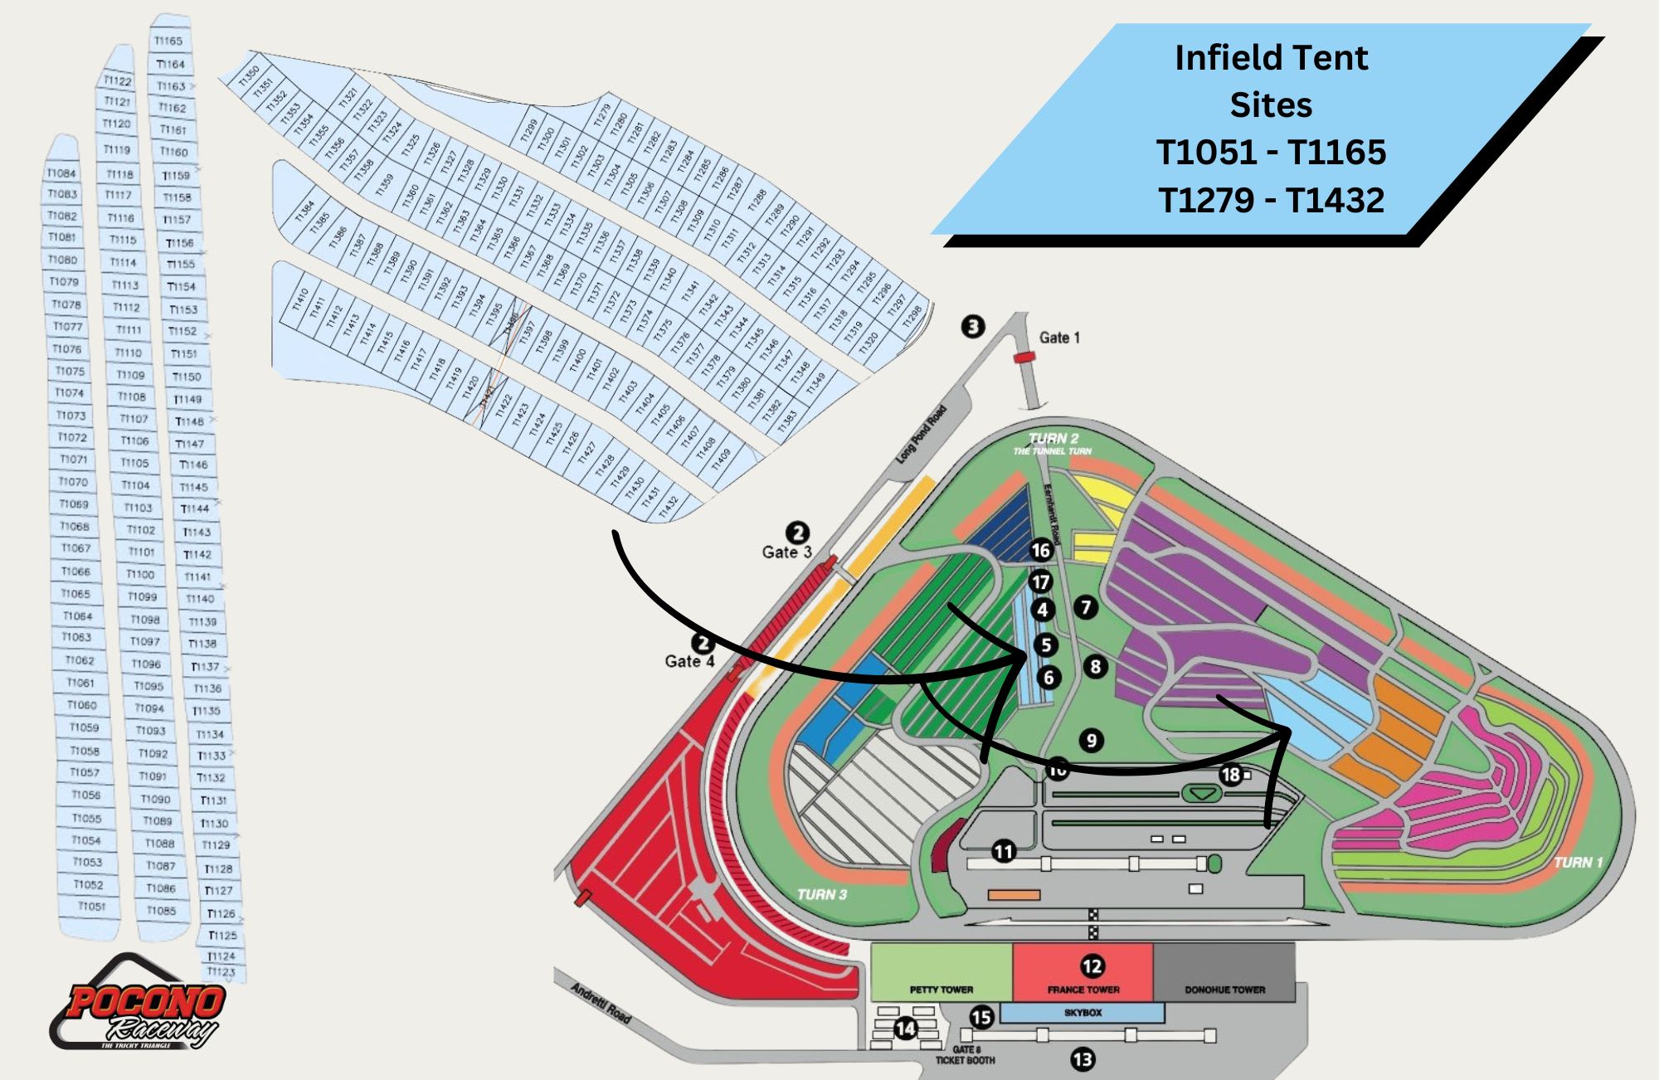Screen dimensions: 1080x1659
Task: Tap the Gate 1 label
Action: click(1059, 338)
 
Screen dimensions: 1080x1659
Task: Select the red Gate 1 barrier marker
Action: click(1024, 358)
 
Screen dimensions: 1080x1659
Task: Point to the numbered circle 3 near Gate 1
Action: click(973, 326)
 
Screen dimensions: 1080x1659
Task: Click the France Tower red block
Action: click(1082, 971)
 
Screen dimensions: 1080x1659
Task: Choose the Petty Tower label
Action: click(941, 990)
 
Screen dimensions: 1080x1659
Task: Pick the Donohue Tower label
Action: click(1224, 990)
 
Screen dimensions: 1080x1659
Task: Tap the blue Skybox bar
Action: click(1082, 1013)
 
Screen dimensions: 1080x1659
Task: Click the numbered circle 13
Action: click(1082, 1059)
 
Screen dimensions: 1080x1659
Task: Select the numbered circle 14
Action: click(905, 1029)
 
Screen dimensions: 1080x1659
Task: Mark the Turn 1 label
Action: click(1578, 863)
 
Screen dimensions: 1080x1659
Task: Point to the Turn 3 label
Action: click(821, 894)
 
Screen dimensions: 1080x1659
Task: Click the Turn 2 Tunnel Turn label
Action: click(1053, 443)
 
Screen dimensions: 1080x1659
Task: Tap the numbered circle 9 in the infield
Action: click(1092, 741)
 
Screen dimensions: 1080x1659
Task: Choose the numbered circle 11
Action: click(1004, 851)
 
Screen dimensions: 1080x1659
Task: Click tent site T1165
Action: click(168, 41)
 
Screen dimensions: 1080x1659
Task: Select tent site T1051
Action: click(91, 907)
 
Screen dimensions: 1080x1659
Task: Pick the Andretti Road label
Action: click(601, 1002)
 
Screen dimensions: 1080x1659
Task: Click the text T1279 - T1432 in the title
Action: click(1271, 201)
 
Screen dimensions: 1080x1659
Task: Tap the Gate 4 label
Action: click(688, 661)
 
